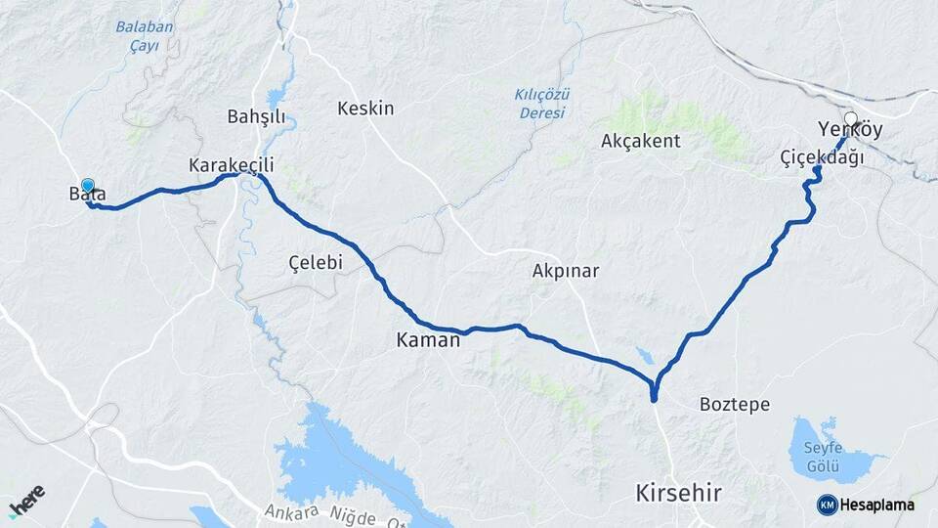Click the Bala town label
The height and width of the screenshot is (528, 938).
tap(87, 195)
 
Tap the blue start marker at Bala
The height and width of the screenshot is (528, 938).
tap(88, 185)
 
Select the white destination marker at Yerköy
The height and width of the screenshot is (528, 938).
tap(850, 119)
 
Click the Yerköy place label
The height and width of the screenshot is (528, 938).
tap(850, 130)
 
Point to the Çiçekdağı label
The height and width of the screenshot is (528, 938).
tap(822, 157)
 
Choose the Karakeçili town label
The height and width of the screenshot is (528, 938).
tap(231, 165)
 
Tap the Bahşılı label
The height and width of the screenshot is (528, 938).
tap(256, 117)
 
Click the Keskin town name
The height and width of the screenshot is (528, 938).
tap(365, 109)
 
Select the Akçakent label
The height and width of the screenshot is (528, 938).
tap(641, 141)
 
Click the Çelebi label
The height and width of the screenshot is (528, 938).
tap(316, 263)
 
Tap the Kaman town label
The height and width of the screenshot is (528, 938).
tap(428, 341)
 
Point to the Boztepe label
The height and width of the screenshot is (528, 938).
tap(735, 404)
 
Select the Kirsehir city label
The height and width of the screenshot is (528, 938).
tap(678, 493)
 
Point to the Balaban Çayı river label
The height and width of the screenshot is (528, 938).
tap(145, 35)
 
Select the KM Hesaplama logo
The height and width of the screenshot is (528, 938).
tap(866, 505)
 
